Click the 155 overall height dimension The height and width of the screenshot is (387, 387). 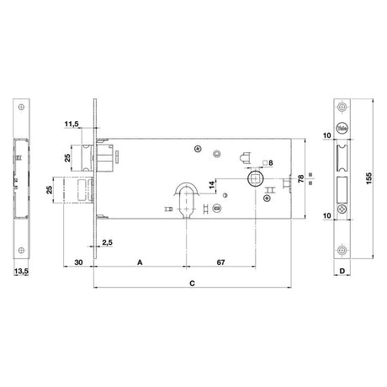[x=368, y=178]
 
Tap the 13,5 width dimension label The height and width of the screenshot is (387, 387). [x=21, y=271]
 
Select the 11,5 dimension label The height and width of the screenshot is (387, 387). [x=72, y=124]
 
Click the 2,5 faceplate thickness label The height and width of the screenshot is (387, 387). [x=107, y=242]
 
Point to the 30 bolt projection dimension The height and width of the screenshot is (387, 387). [x=78, y=262]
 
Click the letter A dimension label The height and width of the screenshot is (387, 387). [x=140, y=262]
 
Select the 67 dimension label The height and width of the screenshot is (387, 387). [x=220, y=262]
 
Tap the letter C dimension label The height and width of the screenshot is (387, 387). [x=192, y=284]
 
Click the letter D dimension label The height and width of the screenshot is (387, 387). [x=342, y=271]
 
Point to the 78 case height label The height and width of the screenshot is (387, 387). [x=300, y=178]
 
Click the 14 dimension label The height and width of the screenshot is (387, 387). [x=212, y=184]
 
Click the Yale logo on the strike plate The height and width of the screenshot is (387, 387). [x=342, y=129]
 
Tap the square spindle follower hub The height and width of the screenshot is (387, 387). [x=256, y=178]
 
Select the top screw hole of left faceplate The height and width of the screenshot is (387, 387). [x=21, y=107]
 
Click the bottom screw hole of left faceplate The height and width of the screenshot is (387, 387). [x=21, y=250]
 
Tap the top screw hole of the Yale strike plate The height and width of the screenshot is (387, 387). [x=342, y=107]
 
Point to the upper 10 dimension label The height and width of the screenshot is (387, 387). [x=326, y=135]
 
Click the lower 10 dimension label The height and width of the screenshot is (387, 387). [x=326, y=215]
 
